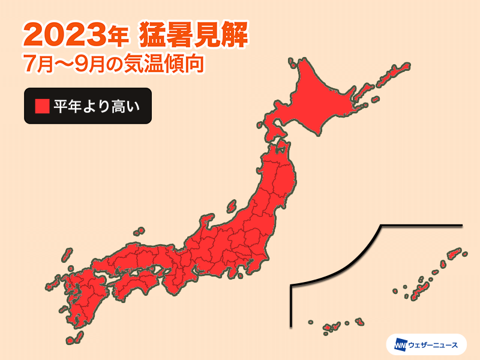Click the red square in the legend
41,106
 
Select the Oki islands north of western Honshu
139,231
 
